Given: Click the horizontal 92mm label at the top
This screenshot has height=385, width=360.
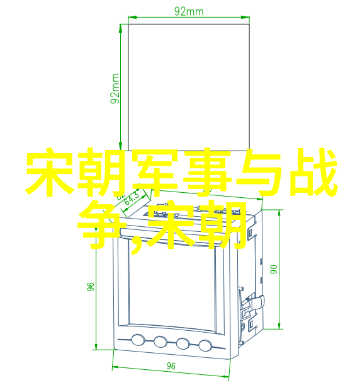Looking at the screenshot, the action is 189,11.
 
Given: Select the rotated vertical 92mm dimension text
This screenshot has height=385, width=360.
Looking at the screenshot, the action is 115,89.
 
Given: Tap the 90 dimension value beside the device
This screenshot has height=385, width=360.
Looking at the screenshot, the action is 274,269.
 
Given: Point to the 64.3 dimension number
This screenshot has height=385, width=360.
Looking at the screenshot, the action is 132,198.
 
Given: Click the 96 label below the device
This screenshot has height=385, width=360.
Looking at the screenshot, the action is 171,366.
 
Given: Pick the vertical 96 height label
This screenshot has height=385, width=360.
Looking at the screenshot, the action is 91,287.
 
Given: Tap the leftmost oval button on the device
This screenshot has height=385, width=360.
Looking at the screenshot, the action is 138,340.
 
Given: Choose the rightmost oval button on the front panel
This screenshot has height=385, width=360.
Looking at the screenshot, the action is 205,345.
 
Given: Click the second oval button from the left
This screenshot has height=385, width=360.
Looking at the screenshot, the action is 160,342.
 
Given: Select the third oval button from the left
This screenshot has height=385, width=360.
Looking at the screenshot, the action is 183,343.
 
